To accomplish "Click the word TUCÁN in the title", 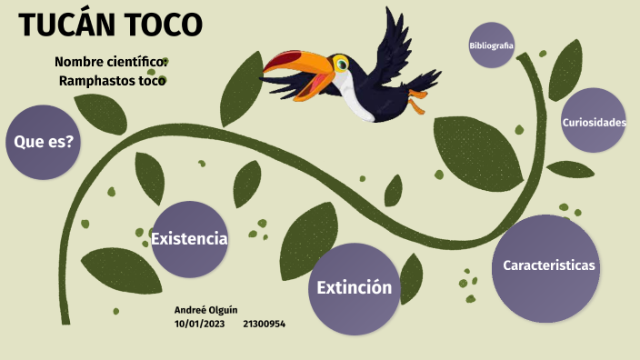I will tap(71, 25).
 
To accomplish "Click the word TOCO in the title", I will tap(165, 25).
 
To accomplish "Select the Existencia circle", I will tap(188, 239).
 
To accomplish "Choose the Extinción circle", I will tap(354, 288).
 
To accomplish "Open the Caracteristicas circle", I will tap(548, 265).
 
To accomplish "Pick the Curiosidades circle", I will tap(593, 121).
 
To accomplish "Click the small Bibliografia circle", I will tap(491, 45).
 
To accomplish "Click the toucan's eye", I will tap(341, 65).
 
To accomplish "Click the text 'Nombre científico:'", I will tap(111, 62).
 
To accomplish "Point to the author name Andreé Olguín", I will tap(206, 310).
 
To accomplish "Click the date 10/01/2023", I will tap(199, 324).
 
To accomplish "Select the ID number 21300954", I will tap(265, 324).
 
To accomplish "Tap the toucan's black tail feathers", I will tap(422, 82).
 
